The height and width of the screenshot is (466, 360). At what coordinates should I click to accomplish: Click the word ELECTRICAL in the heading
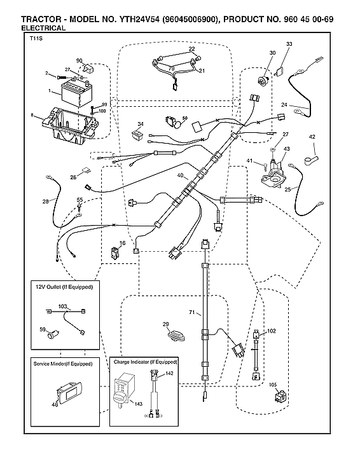click(x=43, y=29)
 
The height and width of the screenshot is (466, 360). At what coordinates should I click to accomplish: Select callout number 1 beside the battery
click(x=49, y=91)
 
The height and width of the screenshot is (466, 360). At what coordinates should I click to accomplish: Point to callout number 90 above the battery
click(x=80, y=60)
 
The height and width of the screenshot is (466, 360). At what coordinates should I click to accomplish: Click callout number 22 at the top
click(x=191, y=49)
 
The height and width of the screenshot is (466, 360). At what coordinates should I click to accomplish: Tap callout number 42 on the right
click(x=312, y=136)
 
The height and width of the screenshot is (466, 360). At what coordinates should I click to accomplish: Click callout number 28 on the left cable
click(x=45, y=202)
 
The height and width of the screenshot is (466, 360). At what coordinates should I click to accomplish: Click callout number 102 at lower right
click(x=272, y=331)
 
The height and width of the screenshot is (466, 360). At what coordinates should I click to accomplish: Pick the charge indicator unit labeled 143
click(x=124, y=389)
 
